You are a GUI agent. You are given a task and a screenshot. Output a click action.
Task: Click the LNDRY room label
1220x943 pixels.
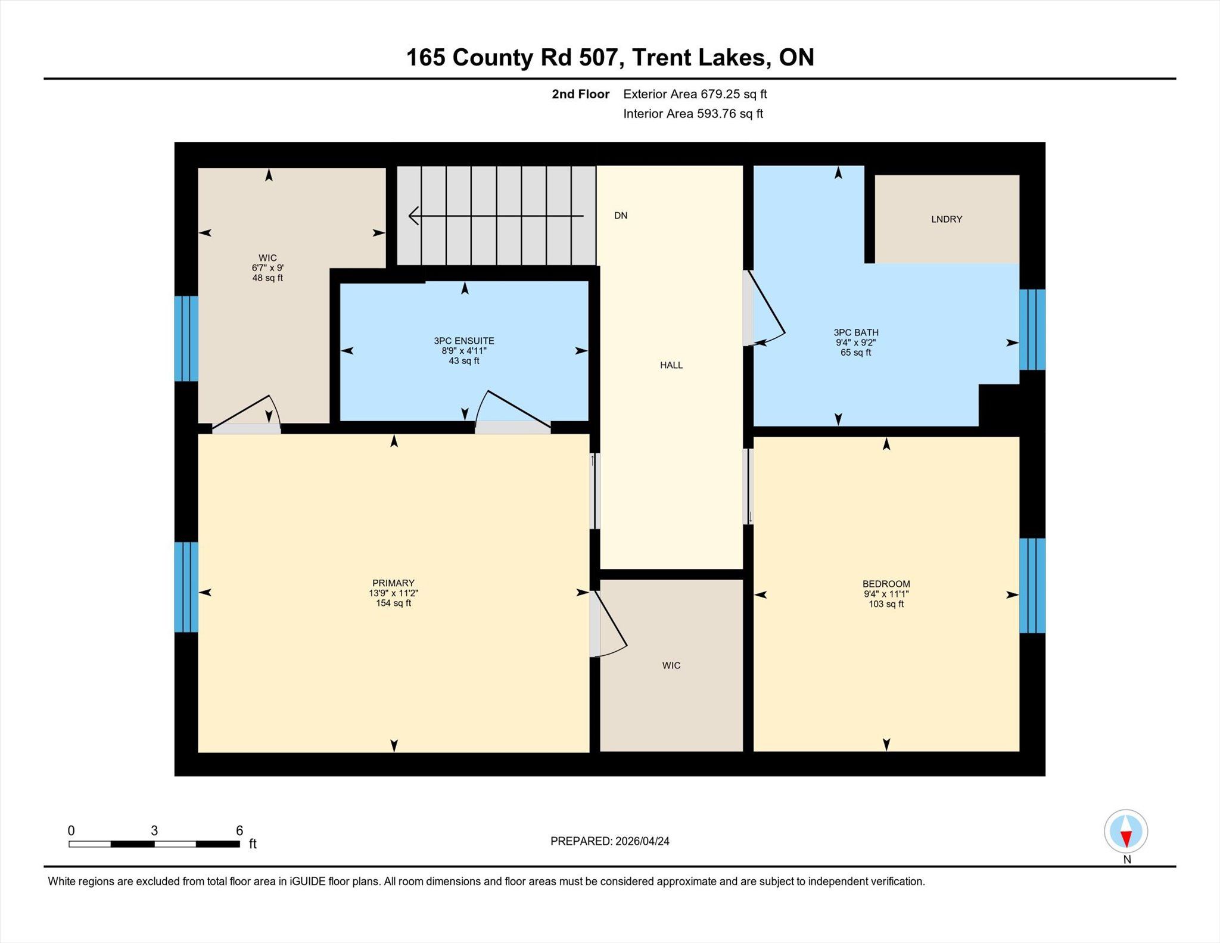point(947,219)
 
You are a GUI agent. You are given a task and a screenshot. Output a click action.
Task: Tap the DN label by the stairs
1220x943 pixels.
point(621,216)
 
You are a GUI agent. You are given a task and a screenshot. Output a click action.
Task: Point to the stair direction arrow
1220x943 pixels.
point(496,216)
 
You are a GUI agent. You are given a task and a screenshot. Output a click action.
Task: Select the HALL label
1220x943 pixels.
point(671,365)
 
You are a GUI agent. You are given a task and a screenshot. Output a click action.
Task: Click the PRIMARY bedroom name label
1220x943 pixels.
point(393,583)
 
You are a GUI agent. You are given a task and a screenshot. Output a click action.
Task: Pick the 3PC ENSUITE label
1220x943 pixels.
point(464,341)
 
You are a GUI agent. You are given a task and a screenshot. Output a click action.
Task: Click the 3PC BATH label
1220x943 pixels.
point(856,332)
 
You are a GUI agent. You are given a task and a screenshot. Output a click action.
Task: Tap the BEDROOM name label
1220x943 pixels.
point(886,584)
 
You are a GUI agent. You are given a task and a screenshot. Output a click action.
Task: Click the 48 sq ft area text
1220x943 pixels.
point(267,278)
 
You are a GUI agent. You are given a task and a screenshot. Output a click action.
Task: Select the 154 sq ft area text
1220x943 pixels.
point(393,603)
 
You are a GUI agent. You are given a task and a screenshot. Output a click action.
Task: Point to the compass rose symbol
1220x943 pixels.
point(1126,831)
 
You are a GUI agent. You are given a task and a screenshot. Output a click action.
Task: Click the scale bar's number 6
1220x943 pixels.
point(239,830)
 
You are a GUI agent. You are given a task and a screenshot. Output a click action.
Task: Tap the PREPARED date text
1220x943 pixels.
point(610,841)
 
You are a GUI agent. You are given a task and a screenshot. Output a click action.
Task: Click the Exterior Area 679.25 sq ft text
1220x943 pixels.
point(695,94)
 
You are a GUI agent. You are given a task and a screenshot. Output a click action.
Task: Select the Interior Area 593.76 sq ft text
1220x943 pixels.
point(693,114)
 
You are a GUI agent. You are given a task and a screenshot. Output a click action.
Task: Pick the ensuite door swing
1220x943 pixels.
point(512,409)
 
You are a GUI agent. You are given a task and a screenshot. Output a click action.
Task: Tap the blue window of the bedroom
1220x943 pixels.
point(1032,586)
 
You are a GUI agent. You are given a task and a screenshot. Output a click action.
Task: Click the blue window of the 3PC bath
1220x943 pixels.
point(1032,329)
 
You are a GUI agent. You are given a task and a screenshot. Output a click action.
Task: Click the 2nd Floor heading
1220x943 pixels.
point(580,94)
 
